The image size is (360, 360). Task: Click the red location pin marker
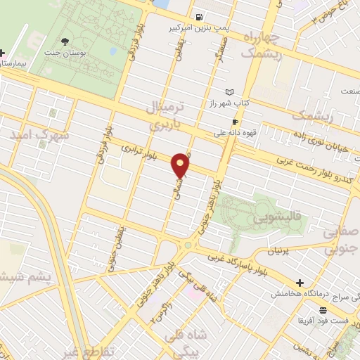181,165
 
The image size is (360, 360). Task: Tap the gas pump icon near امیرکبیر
201,18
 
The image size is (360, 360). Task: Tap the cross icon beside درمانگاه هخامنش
300,283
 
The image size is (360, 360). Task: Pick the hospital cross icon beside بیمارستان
3,53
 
